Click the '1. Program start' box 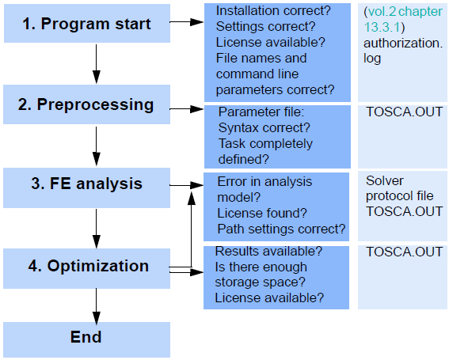coord(87,24)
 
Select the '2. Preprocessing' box coord(87,104)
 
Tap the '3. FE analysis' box coord(87,188)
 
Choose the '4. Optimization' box coord(87,268)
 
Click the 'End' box coord(87,339)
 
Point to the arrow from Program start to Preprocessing coord(97,64)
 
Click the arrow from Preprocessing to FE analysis coord(97,146)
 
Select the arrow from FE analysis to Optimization coord(97,229)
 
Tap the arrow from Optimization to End coord(97,306)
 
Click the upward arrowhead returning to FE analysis coord(192,198)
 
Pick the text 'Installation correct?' coord(273,11)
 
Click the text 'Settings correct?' coord(265,27)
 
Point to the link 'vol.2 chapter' coord(405,11)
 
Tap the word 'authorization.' coord(403,44)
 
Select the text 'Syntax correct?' coord(264,127)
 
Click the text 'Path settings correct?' coord(281,229)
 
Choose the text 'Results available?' coord(268,252)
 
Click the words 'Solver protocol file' coord(399,188)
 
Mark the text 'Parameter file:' coord(261,112)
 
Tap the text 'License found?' coord(262,213)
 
